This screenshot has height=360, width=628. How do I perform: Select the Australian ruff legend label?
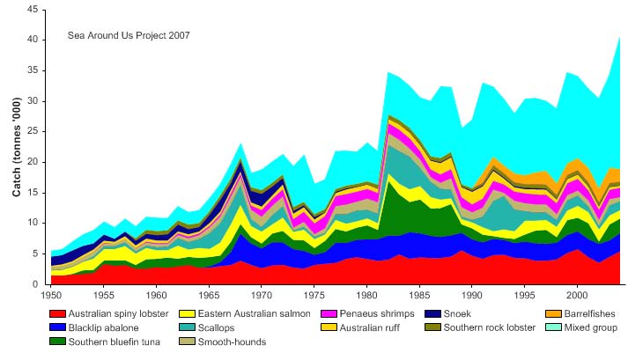tap(372, 327)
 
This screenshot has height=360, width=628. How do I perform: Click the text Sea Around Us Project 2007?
tap(129, 36)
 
